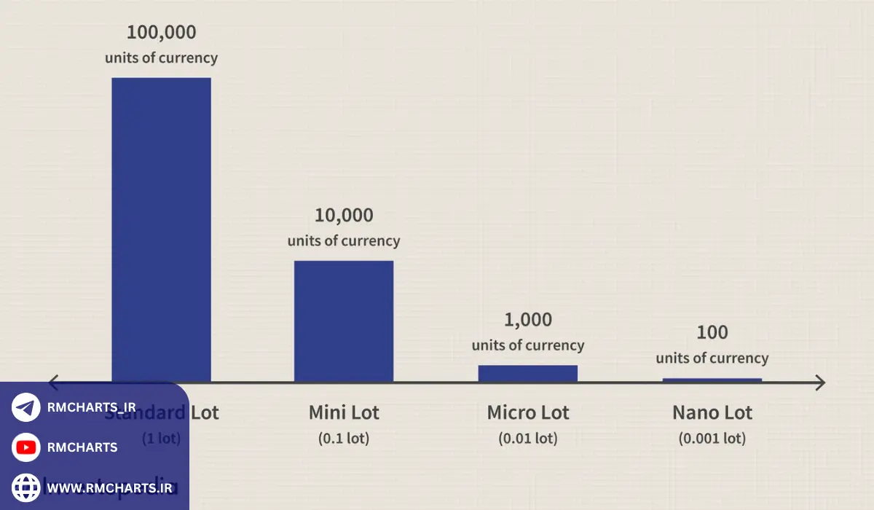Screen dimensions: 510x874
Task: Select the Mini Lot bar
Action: tap(344, 321)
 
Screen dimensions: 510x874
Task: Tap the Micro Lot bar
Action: tap(528, 373)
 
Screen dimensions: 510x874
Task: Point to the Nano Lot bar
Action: tap(712, 380)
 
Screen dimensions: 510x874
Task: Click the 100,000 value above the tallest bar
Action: tap(161, 33)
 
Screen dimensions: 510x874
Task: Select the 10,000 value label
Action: tap(344, 216)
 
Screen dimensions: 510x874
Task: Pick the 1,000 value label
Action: tap(528, 320)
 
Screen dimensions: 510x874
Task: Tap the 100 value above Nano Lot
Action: tap(712, 333)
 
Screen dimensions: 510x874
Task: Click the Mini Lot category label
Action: tap(344, 412)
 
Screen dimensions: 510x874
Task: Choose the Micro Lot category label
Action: tap(528, 412)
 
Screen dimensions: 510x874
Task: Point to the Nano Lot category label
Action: tap(712, 412)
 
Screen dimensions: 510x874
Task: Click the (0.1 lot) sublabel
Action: tap(344, 439)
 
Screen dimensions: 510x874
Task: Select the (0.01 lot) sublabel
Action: tap(528, 439)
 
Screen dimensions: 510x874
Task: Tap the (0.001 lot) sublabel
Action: tap(712, 439)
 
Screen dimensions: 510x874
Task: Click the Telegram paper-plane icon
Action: tap(26, 407)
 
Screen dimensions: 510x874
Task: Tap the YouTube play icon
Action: tap(26, 447)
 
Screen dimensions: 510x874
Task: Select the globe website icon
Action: tap(26, 487)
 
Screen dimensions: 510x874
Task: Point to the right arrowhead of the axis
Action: tap(820, 382)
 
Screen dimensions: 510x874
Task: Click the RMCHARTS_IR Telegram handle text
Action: tap(90, 407)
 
